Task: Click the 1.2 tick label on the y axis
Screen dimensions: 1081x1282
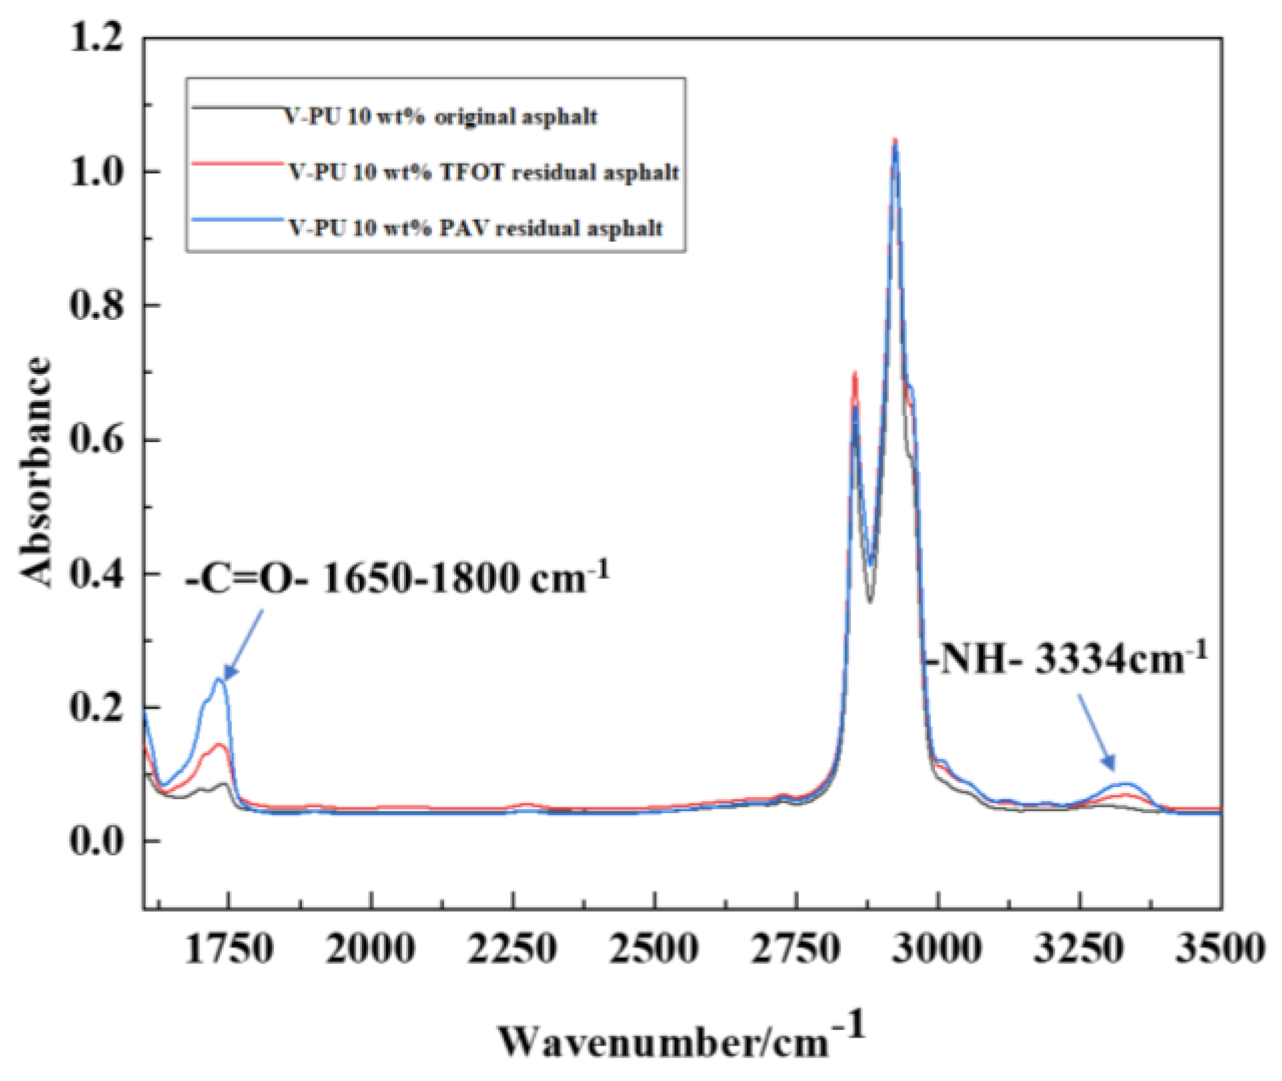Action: click(x=97, y=38)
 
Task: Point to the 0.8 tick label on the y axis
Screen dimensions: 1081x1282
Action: click(x=97, y=305)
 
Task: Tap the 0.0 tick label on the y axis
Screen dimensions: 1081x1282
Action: click(x=97, y=841)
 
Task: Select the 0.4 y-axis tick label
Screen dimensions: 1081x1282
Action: click(x=97, y=574)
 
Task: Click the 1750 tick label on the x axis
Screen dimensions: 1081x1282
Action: click(x=229, y=948)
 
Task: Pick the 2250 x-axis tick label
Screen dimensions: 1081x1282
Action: click(x=512, y=948)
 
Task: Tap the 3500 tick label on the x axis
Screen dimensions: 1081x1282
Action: click(x=1219, y=948)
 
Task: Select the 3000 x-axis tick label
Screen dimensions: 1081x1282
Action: click(x=937, y=948)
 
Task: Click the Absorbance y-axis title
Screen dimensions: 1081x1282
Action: click(x=35, y=472)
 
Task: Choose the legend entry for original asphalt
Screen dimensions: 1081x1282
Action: click(x=441, y=117)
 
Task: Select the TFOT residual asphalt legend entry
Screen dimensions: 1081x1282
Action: click(x=483, y=172)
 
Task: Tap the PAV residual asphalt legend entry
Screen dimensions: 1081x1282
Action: click(x=475, y=228)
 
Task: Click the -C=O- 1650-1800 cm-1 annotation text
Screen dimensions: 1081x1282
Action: click(x=397, y=578)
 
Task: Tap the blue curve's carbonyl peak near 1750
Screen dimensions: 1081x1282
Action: click(x=219, y=679)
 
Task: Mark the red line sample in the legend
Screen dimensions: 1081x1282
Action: click(x=236, y=162)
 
